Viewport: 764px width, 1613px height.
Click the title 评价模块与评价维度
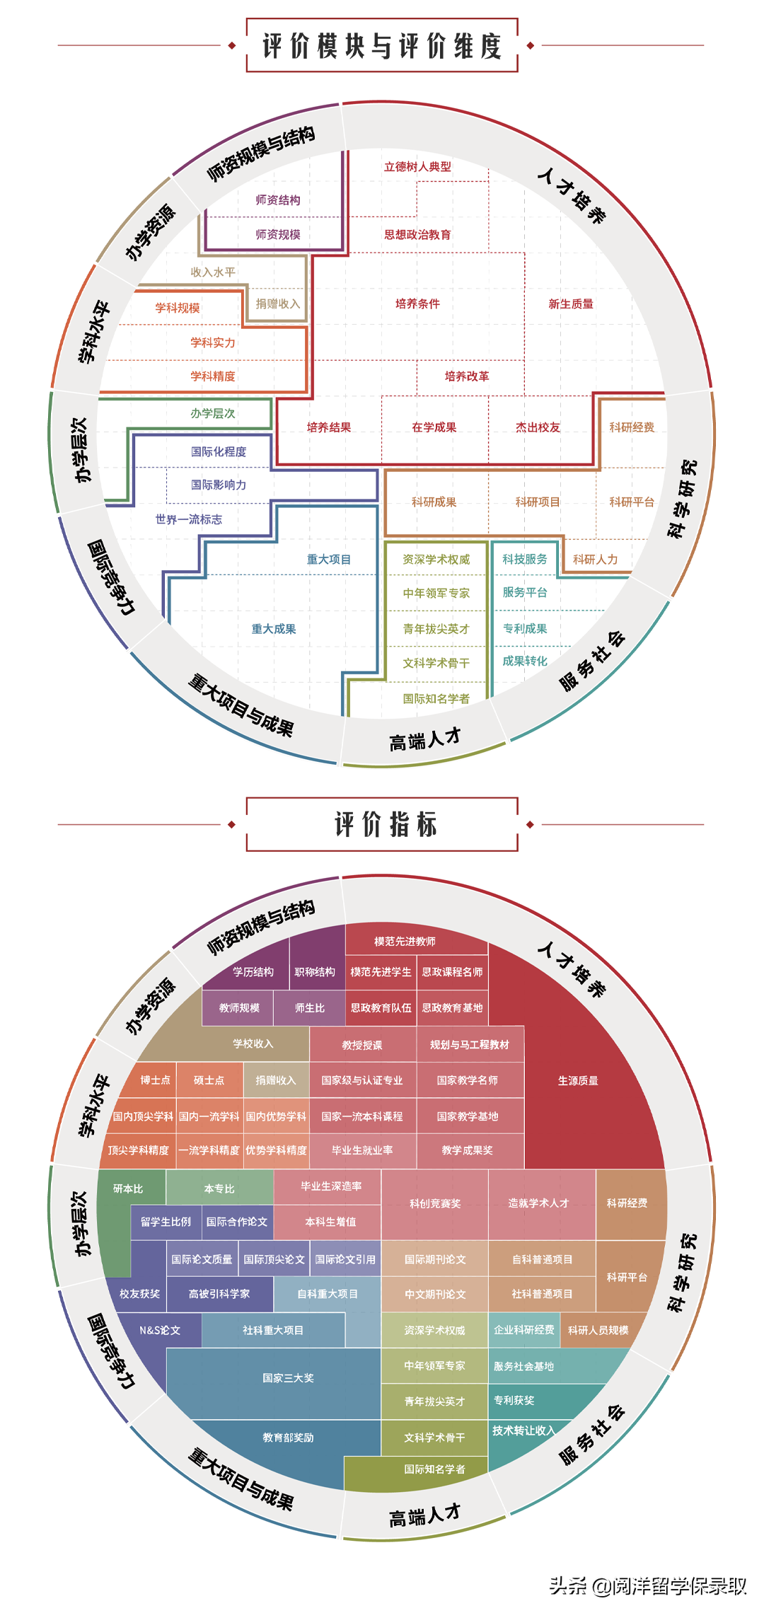(x=382, y=46)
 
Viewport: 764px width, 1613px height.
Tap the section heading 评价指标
(x=386, y=825)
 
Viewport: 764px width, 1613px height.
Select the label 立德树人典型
(x=417, y=167)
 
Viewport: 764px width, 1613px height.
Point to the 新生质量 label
(x=571, y=304)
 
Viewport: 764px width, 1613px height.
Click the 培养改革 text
(x=467, y=376)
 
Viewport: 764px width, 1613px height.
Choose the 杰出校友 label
(x=538, y=427)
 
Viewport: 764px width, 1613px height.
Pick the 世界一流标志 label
(x=189, y=519)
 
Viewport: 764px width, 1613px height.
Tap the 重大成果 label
(x=274, y=629)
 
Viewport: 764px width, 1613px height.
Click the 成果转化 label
(x=525, y=661)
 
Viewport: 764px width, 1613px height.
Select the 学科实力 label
(x=212, y=342)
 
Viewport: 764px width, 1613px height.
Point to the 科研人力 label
(x=595, y=560)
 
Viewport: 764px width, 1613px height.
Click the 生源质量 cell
(x=578, y=1080)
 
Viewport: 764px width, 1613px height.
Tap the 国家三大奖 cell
(x=288, y=1377)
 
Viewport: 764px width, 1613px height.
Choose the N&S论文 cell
(x=160, y=1330)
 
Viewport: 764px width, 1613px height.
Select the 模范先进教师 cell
(x=405, y=941)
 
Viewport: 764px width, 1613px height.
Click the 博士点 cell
(x=155, y=1080)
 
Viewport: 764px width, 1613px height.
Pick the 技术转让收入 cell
(x=523, y=1430)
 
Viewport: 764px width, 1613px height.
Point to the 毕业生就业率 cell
(x=362, y=1150)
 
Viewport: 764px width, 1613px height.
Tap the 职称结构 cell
(x=315, y=972)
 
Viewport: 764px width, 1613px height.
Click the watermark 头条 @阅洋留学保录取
(x=647, y=1586)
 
